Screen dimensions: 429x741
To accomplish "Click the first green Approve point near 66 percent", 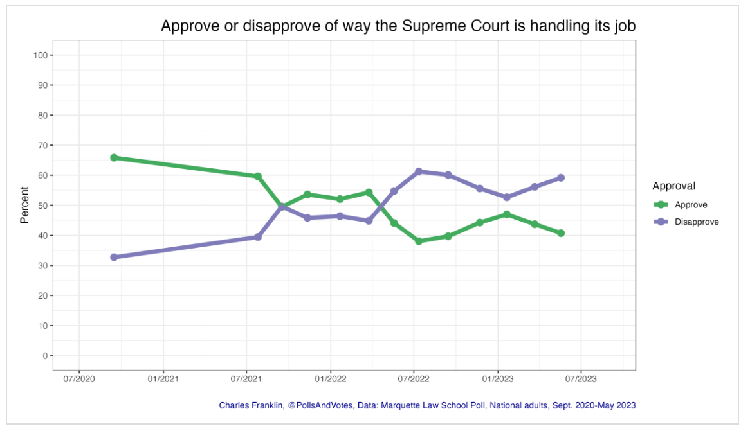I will [114, 157].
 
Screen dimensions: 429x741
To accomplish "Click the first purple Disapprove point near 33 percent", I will [114, 257].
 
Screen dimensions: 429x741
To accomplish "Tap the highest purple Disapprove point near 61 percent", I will [419, 171].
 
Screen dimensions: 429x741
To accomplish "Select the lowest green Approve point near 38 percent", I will [419, 241].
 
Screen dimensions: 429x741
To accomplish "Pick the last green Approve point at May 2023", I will [561, 233].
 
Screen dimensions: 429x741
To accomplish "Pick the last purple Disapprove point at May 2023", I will [561, 178].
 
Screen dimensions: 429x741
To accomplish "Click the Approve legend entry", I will [691, 205].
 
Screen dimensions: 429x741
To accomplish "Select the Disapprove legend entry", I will [697, 222].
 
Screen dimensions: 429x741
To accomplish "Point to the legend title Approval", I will [673, 186].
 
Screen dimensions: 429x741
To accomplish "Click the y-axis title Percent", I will [24, 205].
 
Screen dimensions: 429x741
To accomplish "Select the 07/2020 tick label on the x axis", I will [79, 379].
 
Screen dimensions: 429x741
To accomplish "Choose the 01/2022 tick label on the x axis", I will [330, 379].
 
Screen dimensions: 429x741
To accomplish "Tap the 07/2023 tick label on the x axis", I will [581, 379].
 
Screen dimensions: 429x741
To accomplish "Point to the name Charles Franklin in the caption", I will [247, 405].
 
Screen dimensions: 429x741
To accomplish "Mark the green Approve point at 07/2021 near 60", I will [258, 176].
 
